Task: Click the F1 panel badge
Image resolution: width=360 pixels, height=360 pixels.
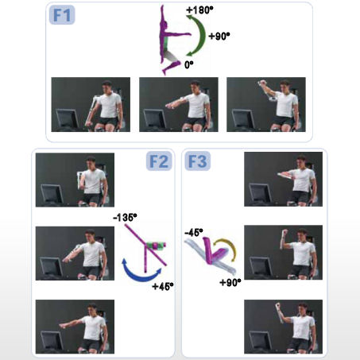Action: (62, 15)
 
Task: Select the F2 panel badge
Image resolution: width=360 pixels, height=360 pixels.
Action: (159, 161)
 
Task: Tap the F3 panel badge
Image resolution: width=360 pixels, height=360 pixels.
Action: (197, 161)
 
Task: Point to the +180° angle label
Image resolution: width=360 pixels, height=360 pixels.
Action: (199, 10)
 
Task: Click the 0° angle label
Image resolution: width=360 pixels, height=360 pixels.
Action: (189, 64)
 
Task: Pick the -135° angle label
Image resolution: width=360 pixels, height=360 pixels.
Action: (125, 218)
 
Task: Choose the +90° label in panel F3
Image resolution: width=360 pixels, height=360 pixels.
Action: (230, 282)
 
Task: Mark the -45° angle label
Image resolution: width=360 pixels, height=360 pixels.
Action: (194, 232)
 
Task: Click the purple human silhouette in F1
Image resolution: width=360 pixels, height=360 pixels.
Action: (171, 40)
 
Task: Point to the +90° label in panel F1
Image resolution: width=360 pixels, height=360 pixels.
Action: (219, 36)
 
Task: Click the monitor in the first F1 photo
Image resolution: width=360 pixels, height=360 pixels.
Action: (68, 119)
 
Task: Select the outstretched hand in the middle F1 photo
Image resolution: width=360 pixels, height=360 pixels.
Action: (169, 106)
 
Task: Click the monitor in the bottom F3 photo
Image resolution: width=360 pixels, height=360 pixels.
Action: (261, 341)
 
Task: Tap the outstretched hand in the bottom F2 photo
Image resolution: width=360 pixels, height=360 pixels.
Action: (63, 325)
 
